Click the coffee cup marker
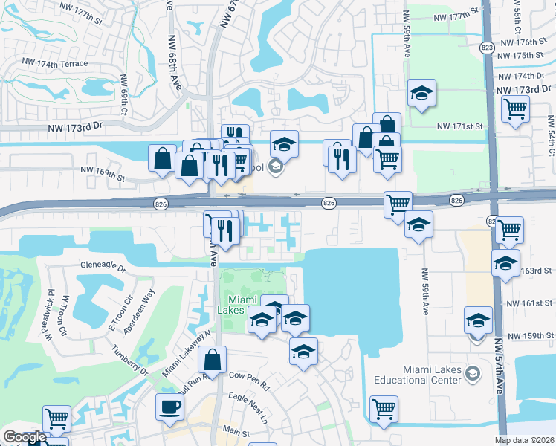coord(169,407)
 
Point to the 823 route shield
coord(487,48)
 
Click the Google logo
coord(25,437)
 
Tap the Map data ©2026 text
coord(525,440)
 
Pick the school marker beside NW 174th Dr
coord(421,93)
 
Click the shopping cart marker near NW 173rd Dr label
coord(514,109)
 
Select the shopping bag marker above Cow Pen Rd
coord(213,360)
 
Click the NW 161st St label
coord(529,303)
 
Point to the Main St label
coord(236,431)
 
